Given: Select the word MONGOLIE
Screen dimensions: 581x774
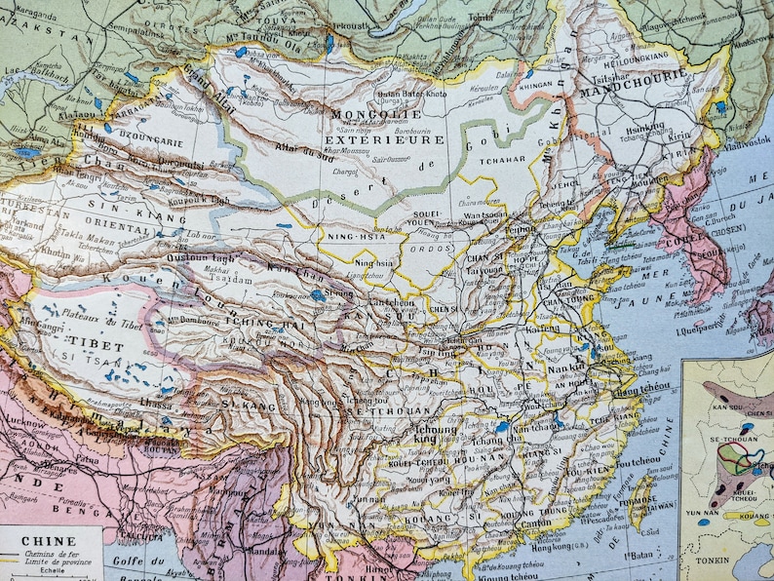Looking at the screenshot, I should point(368,114).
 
